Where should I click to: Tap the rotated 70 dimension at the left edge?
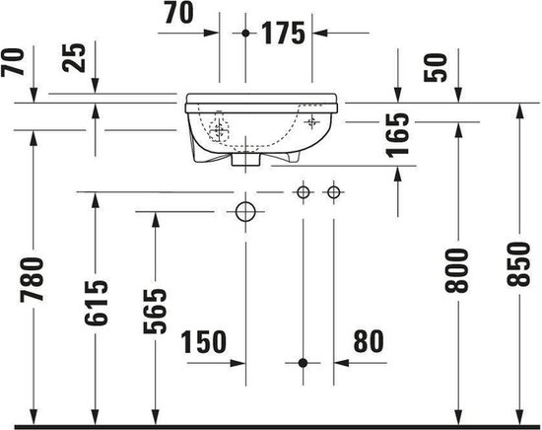[x=13, y=65]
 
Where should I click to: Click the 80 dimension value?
[x=367, y=342]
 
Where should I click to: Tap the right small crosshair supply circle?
[x=334, y=191]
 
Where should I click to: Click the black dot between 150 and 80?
[x=304, y=363]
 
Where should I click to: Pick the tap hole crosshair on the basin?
[x=312, y=121]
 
